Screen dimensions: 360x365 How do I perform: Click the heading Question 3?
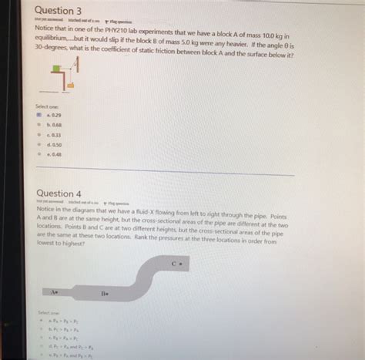pyautogui.click(x=60, y=10)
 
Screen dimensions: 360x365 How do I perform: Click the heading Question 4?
pyautogui.click(x=59, y=193)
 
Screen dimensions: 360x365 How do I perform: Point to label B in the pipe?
pyautogui.click(x=104, y=294)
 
